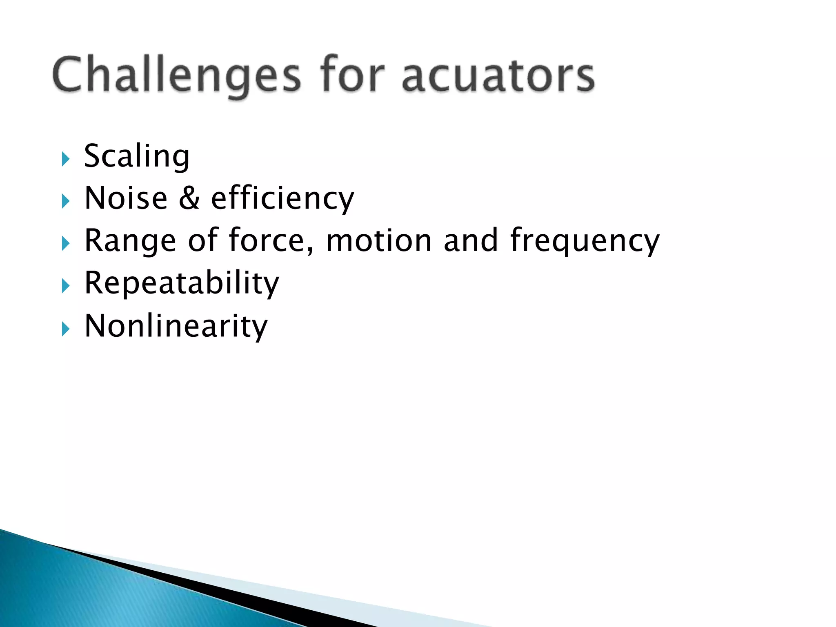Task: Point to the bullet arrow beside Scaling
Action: click(x=66, y=159)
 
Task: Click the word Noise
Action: click(x=126, y=199)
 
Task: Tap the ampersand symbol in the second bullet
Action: click(x=189, y=199)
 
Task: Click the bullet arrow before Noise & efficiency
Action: click(x=66, y=201)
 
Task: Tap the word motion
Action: click(x=379, y=241)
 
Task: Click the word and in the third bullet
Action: click(x=471, y=241)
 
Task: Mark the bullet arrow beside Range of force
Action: click(x=66, y=244)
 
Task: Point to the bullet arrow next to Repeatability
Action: click(x=66, y=286)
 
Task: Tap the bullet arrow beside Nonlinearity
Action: click(x=66, y=329)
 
